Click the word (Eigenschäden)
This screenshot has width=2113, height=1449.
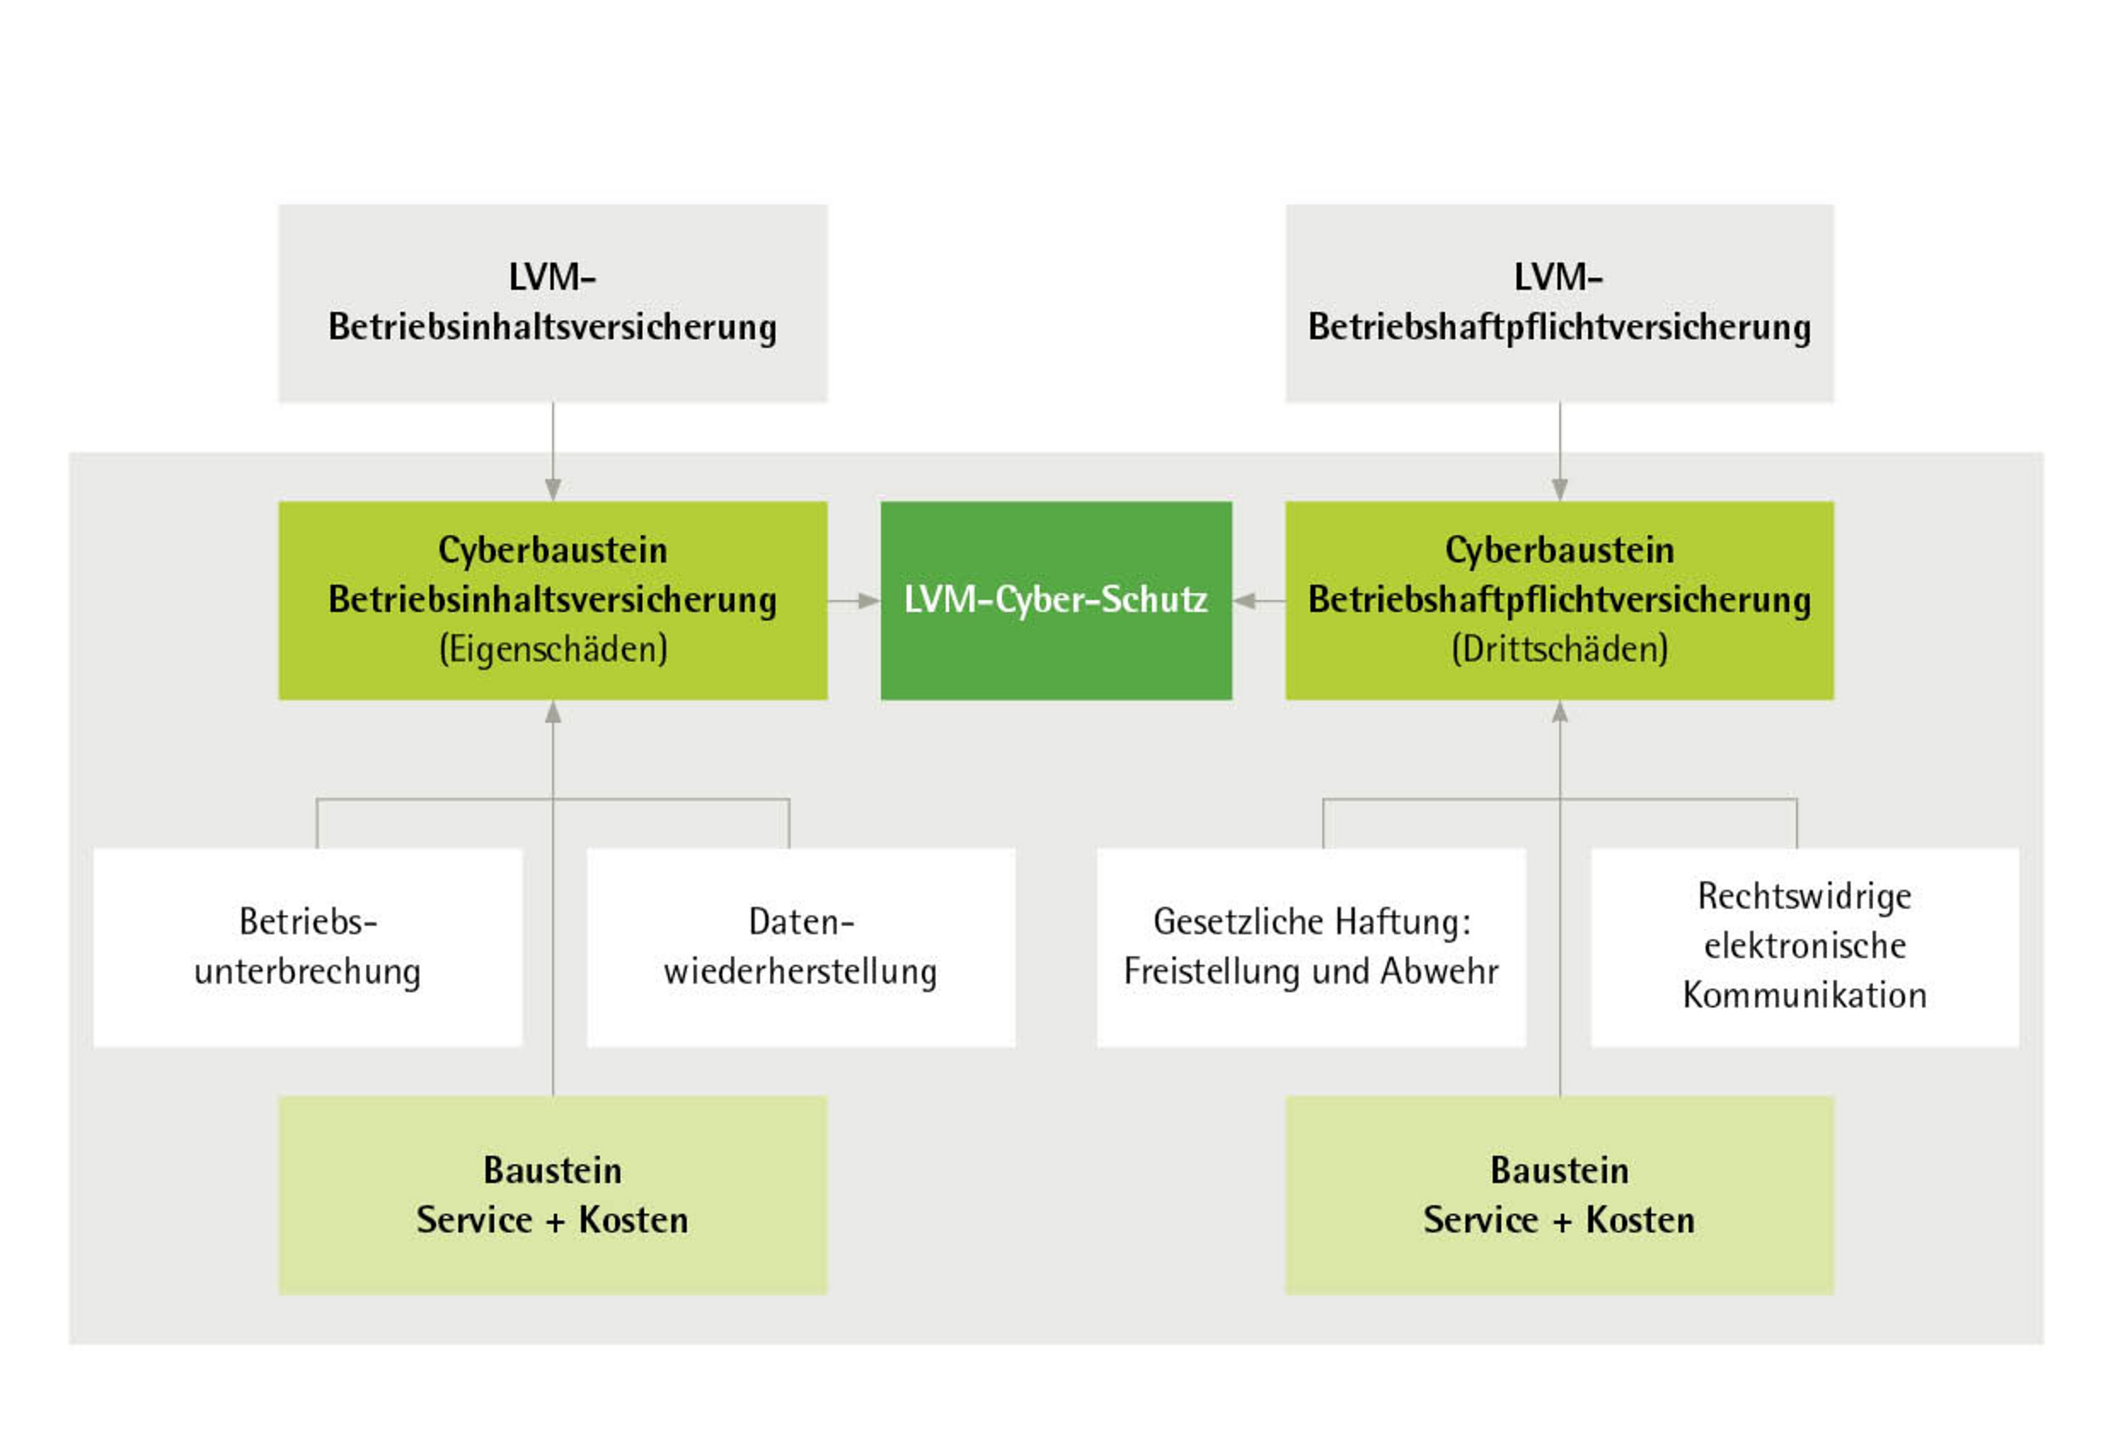click(553, 650)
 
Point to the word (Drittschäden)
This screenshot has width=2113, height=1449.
click(1559, 650)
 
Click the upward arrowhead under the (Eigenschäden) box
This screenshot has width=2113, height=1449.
click(553, 711)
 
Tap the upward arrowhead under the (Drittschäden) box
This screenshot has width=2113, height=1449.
click(1560, 711)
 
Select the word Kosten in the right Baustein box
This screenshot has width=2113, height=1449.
click(1640, 1220)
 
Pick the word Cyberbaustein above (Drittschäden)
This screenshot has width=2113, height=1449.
click(1559, 550)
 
